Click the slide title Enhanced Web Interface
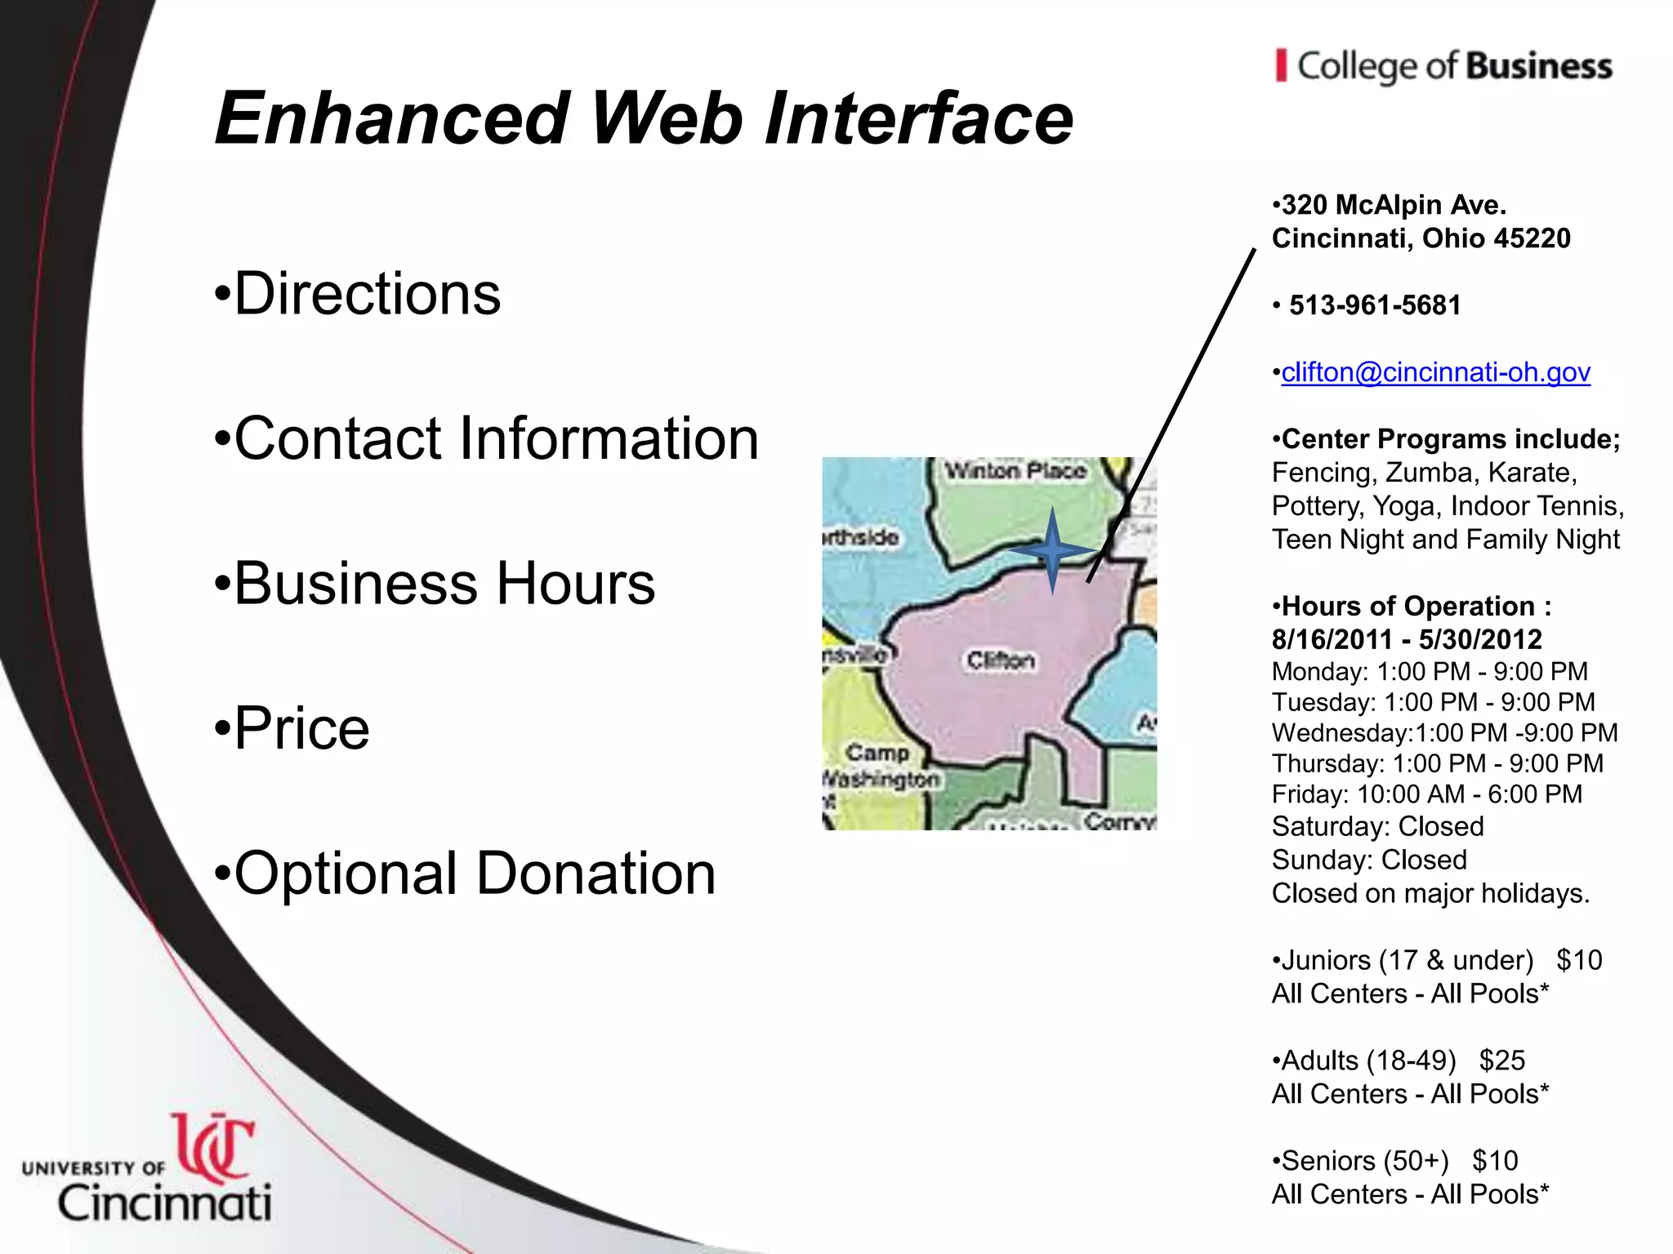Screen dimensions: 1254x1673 (644, 119)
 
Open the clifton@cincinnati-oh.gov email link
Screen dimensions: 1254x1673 (1435, 372)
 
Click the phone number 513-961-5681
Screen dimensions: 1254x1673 (1375, 305)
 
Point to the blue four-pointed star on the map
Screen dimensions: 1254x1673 (1052, 551)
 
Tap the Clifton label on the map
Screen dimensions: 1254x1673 (1001, 660)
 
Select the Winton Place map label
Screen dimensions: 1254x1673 (1015, 471)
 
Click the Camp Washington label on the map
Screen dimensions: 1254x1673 (880, 766)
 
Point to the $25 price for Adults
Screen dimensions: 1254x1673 (1501, 1061)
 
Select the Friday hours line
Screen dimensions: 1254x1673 (1426, 794)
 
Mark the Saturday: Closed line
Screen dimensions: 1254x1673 (1377, 826)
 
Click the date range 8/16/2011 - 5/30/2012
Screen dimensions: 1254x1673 (1407, 639)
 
